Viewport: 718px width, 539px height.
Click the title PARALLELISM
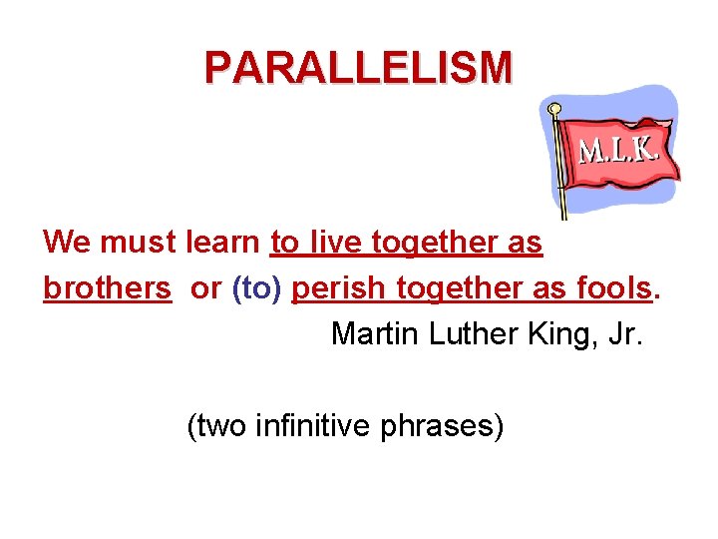point(358,68)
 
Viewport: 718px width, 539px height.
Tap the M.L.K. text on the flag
point(618,150)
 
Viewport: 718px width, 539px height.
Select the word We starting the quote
point(67,242)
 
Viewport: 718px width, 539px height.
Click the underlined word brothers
point(107,287)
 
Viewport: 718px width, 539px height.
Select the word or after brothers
point(205,287)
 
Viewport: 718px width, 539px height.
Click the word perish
point(340,287)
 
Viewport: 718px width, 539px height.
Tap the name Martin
point(375,333)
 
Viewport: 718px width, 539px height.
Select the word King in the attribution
point(556,333)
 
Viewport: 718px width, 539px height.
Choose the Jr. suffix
point(624,333)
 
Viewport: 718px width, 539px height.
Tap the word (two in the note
point(217,427)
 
